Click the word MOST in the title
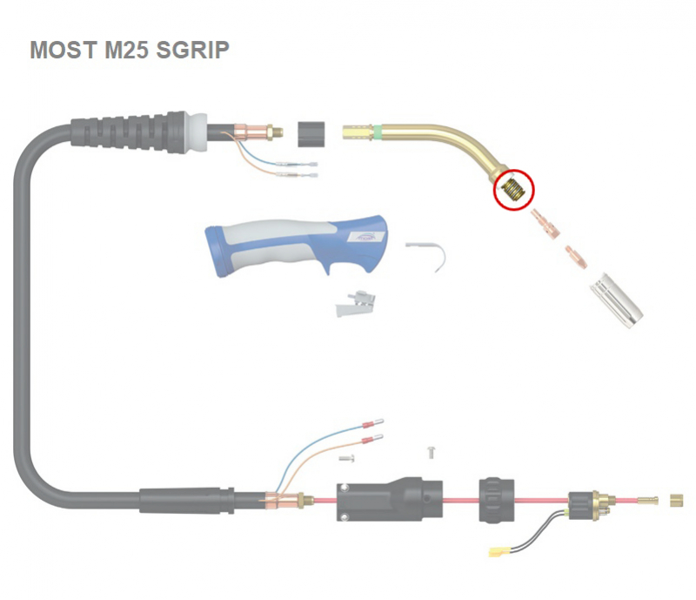(x=63, y=50)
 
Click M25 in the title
(x=126, y=50)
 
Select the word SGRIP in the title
(x=192, y=50)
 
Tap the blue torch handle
(x=296, y=246)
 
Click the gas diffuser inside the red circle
(x=515, y=188)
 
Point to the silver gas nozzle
(x=617, y=300)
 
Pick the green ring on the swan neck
(x=378, y=132)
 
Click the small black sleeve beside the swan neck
(x=311, y=134)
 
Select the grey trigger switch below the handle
(x=356, y=304)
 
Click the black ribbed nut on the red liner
(x=497, y=500)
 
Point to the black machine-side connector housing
(x=389, y=499)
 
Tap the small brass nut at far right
(x=676, y=501)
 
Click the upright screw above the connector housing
(x=431, y=453)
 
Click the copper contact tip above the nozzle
(x=577, y=257)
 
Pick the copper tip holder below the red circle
(x=545, y=224)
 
